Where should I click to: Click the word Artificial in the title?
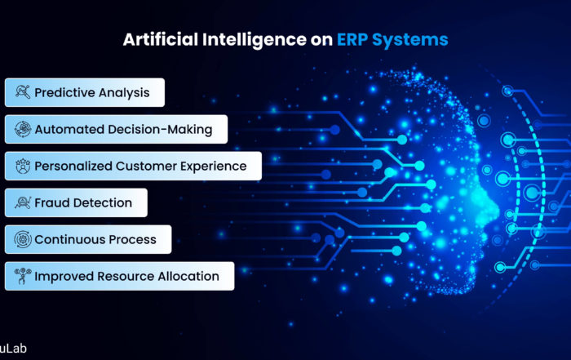click(x=161, y=39)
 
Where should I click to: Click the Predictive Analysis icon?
click(x=23, y=92)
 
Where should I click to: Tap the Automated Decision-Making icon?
click(x=23, y=129)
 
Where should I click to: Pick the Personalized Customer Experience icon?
click(x=23, y=166)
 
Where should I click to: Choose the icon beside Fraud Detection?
click(x=23, y=202)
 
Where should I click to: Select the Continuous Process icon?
click(x=23, y=239)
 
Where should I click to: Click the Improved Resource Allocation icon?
click(x=23, y=276)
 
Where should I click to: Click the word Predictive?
click(x=64, y=93)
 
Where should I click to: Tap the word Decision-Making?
click(x=160, y=130)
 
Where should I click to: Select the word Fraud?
click(x=51, y=202)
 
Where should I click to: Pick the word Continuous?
click(x=69, y=239)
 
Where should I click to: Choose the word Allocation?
click(x=188, y=276)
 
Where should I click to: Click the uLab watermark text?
click(x=13, y=349)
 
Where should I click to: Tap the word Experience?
click(x=214, y=167)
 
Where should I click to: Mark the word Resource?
click(x=126, y=276)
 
